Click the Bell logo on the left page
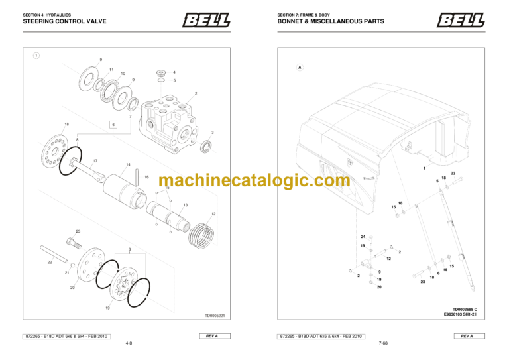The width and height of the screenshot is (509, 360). click(x=205, y=21)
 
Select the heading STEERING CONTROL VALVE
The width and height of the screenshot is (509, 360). click(x=65, y=21)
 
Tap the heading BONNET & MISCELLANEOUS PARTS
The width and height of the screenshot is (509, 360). click(x=331, y=21)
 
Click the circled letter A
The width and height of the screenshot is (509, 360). click(x=300, y=67)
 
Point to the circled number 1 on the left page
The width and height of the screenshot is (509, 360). click(x=36, y=56)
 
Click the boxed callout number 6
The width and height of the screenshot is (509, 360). click(x=113, y=125)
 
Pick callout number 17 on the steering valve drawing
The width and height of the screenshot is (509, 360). click(x=95, y=161)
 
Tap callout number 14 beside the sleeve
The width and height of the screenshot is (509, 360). click(x=128, y=164)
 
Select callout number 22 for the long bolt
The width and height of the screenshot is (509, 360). click(x=49, y=263)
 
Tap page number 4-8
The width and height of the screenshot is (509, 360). click(x=129, y=344)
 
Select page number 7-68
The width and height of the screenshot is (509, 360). click(x=383, y=344)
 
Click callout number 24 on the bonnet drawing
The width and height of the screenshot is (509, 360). click(x=363, y=237)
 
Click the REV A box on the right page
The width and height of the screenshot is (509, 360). click(x=467, y=336)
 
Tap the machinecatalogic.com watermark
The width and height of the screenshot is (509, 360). click(x=254, y=180)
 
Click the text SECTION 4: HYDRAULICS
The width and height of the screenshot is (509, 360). click(x=44, y=15)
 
